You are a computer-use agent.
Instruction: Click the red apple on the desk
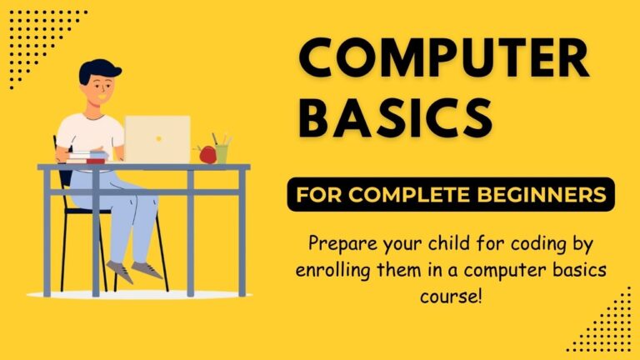click(206, 154)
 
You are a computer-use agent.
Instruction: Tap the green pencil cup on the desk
click(221, 153)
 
